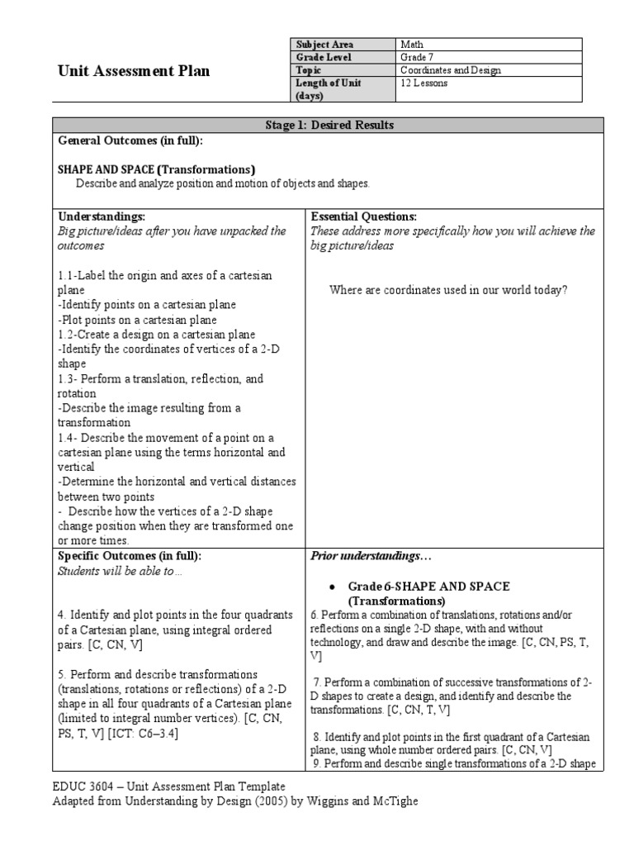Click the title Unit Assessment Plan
pos(132,71)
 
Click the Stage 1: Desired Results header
pos(328,125)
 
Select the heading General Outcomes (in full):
pos(130,140)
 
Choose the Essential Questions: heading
pos(363,216)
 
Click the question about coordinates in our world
pos(448,290)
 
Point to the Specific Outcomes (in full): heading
pos(130,555)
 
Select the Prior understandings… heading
pos(359,555)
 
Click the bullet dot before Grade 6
pos(331,587)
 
